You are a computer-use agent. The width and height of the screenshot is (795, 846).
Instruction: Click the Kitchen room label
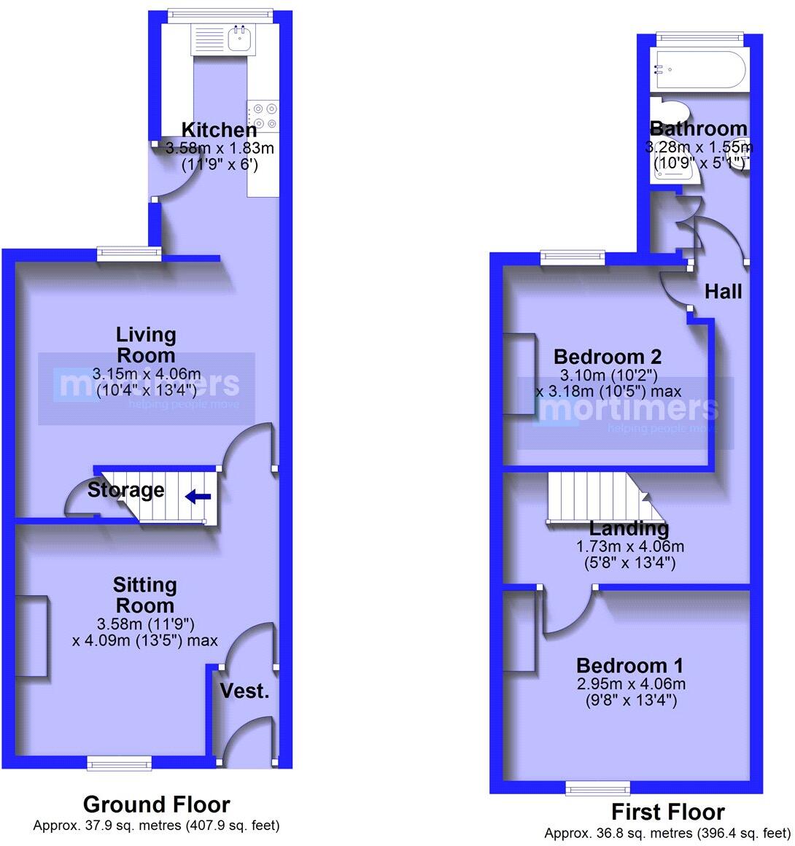(x=219, y=131)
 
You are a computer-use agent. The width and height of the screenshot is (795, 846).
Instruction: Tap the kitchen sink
(x=238, y=39)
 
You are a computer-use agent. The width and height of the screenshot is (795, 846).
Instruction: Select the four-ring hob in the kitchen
(x=263, y=116)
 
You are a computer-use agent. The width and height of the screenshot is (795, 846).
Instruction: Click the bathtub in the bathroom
(x=699, y=71)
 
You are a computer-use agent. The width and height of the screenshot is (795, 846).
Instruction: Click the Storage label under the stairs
(x=125, y=490)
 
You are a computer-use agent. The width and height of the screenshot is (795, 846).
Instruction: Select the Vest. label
(x=244, y=691)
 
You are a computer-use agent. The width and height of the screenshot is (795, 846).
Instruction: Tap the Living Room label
(x=146, y=345)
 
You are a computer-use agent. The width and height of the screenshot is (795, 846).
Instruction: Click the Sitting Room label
(x=144, y=595)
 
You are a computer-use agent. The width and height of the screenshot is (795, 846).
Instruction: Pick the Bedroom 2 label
(x=608, y=357)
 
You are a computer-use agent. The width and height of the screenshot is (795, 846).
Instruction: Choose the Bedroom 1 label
(x=630, y=665)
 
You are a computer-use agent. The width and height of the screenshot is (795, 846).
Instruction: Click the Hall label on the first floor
(x=723, y=292)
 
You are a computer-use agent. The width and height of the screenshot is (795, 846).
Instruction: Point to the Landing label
(x=629, y=528)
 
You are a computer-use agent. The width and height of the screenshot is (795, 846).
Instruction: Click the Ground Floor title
(x=156, y=804)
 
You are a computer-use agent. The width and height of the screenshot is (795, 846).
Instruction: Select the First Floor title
(x=667, y=812)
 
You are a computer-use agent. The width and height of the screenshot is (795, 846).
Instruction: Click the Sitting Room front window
(x=119, y=763)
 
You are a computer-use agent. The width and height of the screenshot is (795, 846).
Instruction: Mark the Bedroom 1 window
(x=598, y=788)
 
